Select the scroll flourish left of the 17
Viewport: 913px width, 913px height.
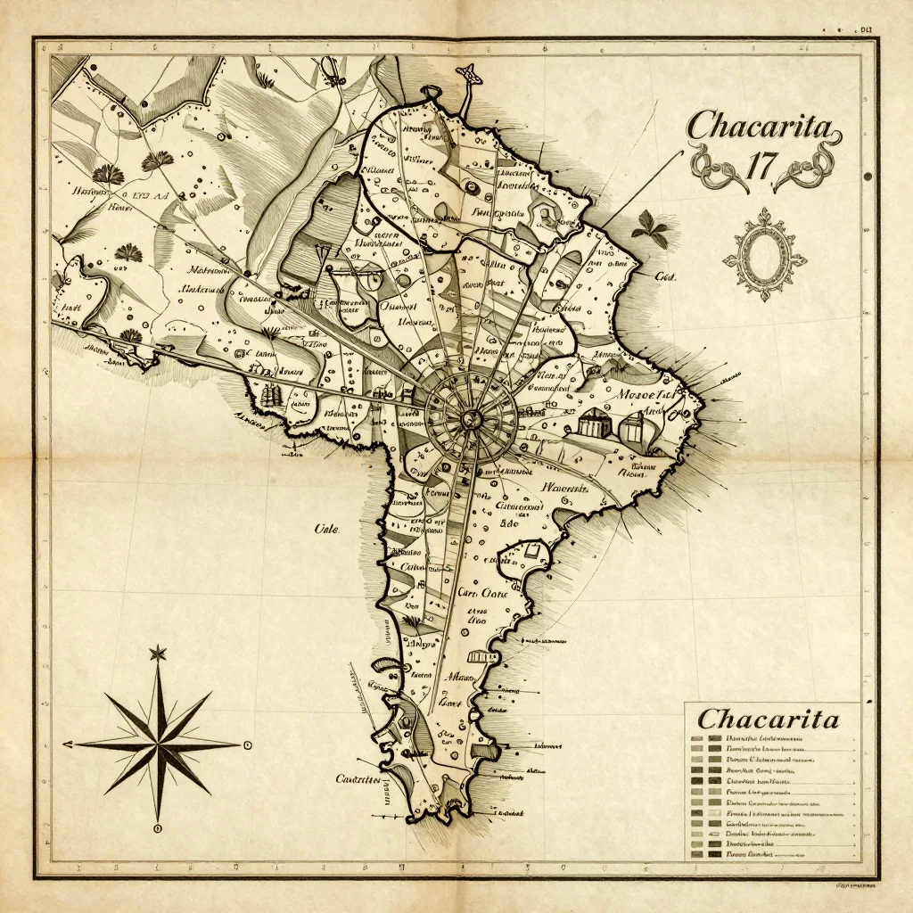pos(710,165)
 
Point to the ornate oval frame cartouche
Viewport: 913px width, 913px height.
pos(764,254)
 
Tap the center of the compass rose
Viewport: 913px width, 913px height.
pos(158,743)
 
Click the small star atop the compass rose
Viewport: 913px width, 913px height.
pos(158,654)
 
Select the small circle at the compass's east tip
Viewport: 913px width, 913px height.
pos(248,744)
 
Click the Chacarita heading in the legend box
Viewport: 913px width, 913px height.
pos(768,719)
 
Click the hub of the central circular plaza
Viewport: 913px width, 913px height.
pos(471,411)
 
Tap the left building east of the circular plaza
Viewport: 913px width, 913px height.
pos(591,422)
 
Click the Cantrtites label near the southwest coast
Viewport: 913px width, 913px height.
pos(358,778)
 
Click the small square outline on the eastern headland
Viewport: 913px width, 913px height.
pos(534,554)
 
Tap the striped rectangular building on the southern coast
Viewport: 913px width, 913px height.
pos(482,657)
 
